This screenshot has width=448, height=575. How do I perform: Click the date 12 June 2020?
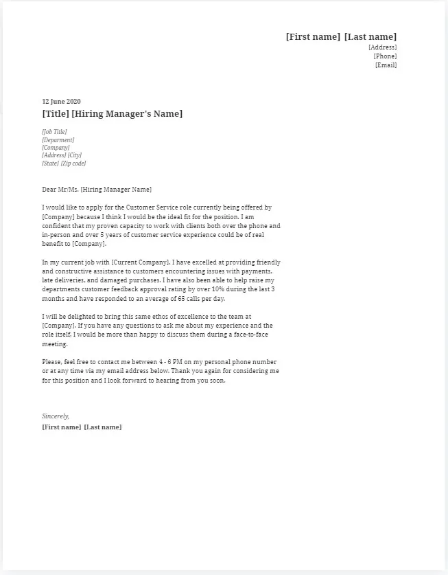click(61, 102)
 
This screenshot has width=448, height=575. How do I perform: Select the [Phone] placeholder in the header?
click(385, 56)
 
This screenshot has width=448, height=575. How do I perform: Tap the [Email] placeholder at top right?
click(386, 65)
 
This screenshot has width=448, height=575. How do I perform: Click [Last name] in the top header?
click(370, 37)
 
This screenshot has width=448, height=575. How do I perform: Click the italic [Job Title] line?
click(54, 132)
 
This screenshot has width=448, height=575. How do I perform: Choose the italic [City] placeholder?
click(75, 155)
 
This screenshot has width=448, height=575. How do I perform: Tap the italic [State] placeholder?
click(50, 164)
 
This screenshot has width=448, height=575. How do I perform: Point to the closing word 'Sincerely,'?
click(56, 416)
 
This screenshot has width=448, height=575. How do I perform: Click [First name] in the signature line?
click(61, 427)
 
